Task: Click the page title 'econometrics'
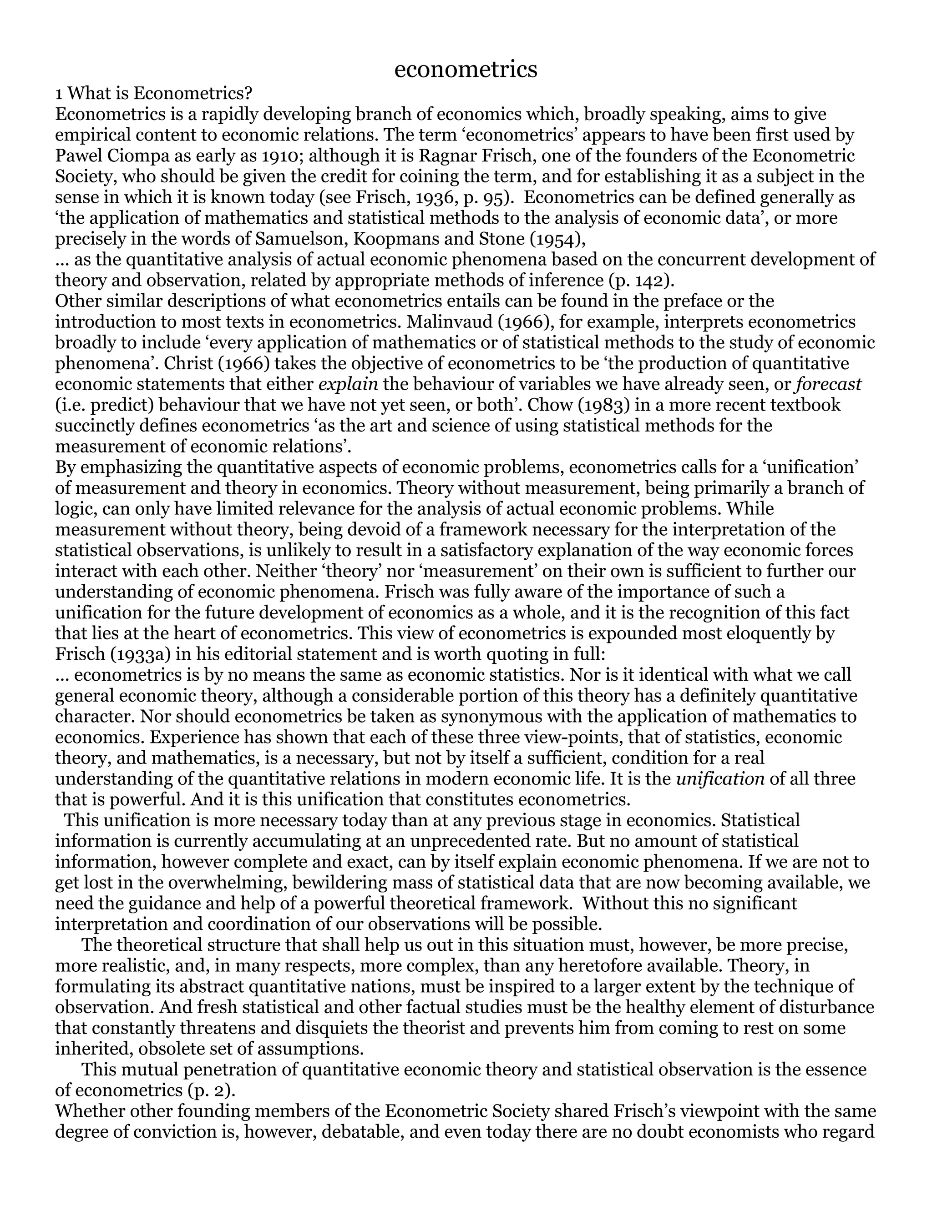click(466, 70)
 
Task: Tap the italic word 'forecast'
click(830, 385)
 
